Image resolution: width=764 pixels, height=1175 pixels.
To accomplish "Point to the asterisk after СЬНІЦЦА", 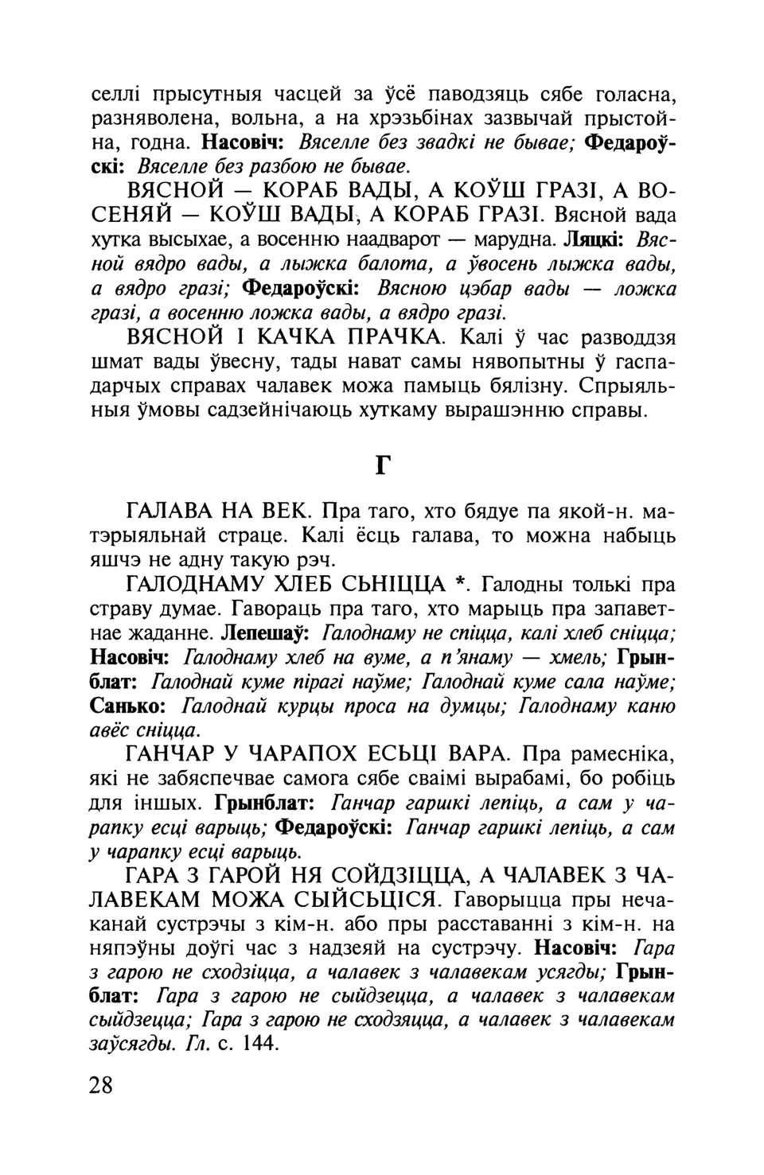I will pyautogui.click(x=459, y=586).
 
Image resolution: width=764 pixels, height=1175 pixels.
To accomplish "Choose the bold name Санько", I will pyautogui.click(x=128, y=706).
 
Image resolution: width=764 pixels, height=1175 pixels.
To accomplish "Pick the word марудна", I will pyautogui.click(x=513, y=239).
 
